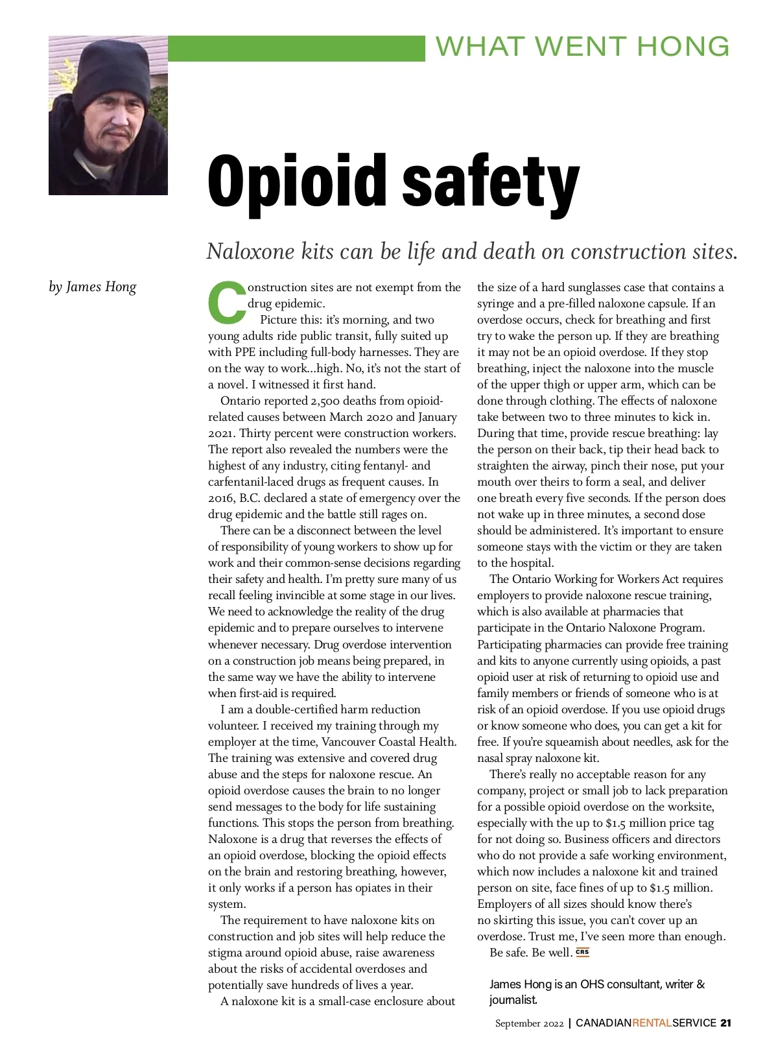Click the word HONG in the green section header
point(683,47)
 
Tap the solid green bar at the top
point(296,49)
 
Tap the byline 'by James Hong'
point(93,287)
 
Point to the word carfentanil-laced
point(254,482)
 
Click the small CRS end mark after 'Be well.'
point(582,953)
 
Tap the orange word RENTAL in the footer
point(652,1023)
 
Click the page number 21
point(725,1023)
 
